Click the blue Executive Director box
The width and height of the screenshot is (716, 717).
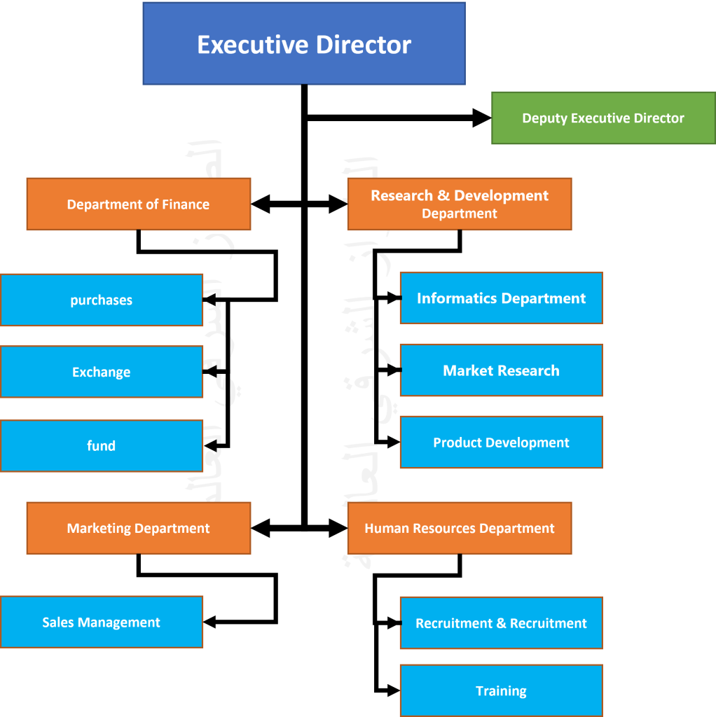click(304, 43)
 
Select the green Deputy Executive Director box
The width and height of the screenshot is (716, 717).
click(603, 118)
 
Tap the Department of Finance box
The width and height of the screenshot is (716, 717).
click(138, 204)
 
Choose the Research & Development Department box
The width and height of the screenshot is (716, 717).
click(460, 204)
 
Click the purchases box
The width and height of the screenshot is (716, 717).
click(102, 300)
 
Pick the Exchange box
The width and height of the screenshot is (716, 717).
click(102, 372)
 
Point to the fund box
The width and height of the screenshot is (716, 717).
click(102, 445)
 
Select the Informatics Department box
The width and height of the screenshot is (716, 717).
click(501, 298)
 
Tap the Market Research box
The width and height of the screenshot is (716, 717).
click(501, 370)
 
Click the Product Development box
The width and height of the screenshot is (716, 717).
click(501, 443)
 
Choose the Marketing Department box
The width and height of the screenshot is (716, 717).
click(138, 528)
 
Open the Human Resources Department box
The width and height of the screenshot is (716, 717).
click(460, 528)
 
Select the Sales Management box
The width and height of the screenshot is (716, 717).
click(102, 622)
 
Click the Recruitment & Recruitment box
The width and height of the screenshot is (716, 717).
click(501, 623)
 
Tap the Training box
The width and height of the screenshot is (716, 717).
click(501, 691)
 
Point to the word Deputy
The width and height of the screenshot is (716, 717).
click(544, 118)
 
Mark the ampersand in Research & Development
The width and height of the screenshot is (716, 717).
click(443, 195)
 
